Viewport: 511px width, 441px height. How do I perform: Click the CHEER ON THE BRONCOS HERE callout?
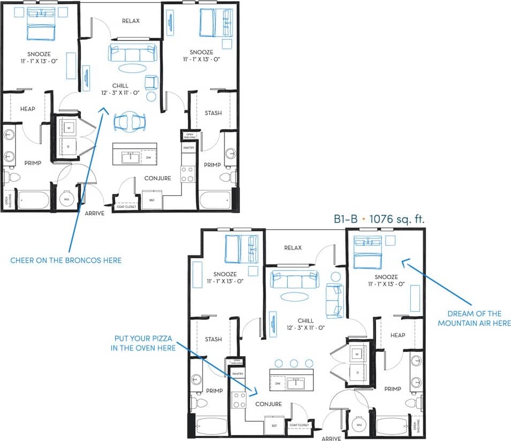click(66, 260)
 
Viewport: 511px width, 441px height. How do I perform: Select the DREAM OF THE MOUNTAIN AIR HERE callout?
click(474, 318)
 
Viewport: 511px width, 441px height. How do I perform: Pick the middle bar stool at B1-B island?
click(294, 363)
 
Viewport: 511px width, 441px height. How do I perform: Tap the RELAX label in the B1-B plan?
click(293, 248)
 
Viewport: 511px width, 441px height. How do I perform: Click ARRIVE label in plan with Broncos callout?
click(94, 213)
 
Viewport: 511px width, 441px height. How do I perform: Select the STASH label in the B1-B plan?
click(213, 339)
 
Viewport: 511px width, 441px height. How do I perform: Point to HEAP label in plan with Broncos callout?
click(28, 109)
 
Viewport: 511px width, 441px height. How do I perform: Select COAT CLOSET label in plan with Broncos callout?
click(127, 207)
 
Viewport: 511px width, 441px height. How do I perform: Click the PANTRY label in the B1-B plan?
click(237, 373)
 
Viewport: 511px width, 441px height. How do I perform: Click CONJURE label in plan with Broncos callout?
click(157, 178)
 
